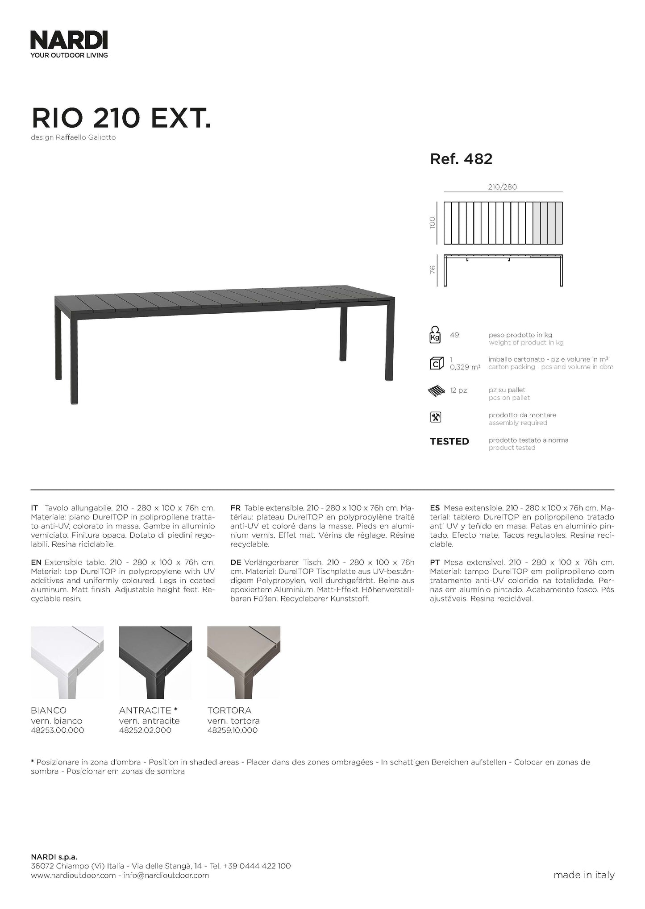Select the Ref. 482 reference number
pos(461,159)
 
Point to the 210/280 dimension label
pos(502,187)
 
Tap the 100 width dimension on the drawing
pos(432,223)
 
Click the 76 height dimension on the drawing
pos(432,270)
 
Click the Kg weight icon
pos(435,335)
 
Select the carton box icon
pos(436,363)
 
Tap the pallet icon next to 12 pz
pos(436,391)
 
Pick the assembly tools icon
pos(435,417)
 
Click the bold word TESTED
pos(449,442)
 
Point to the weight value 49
pos(454,335)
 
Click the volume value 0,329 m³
pos(465,367)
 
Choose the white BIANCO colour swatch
pos(67,662)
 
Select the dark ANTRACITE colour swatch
pos(155,662)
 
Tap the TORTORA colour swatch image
pos(244,662)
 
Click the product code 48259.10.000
pos(232,731)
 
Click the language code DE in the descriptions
pos(236,563)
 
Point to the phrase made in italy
pos(583,875)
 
